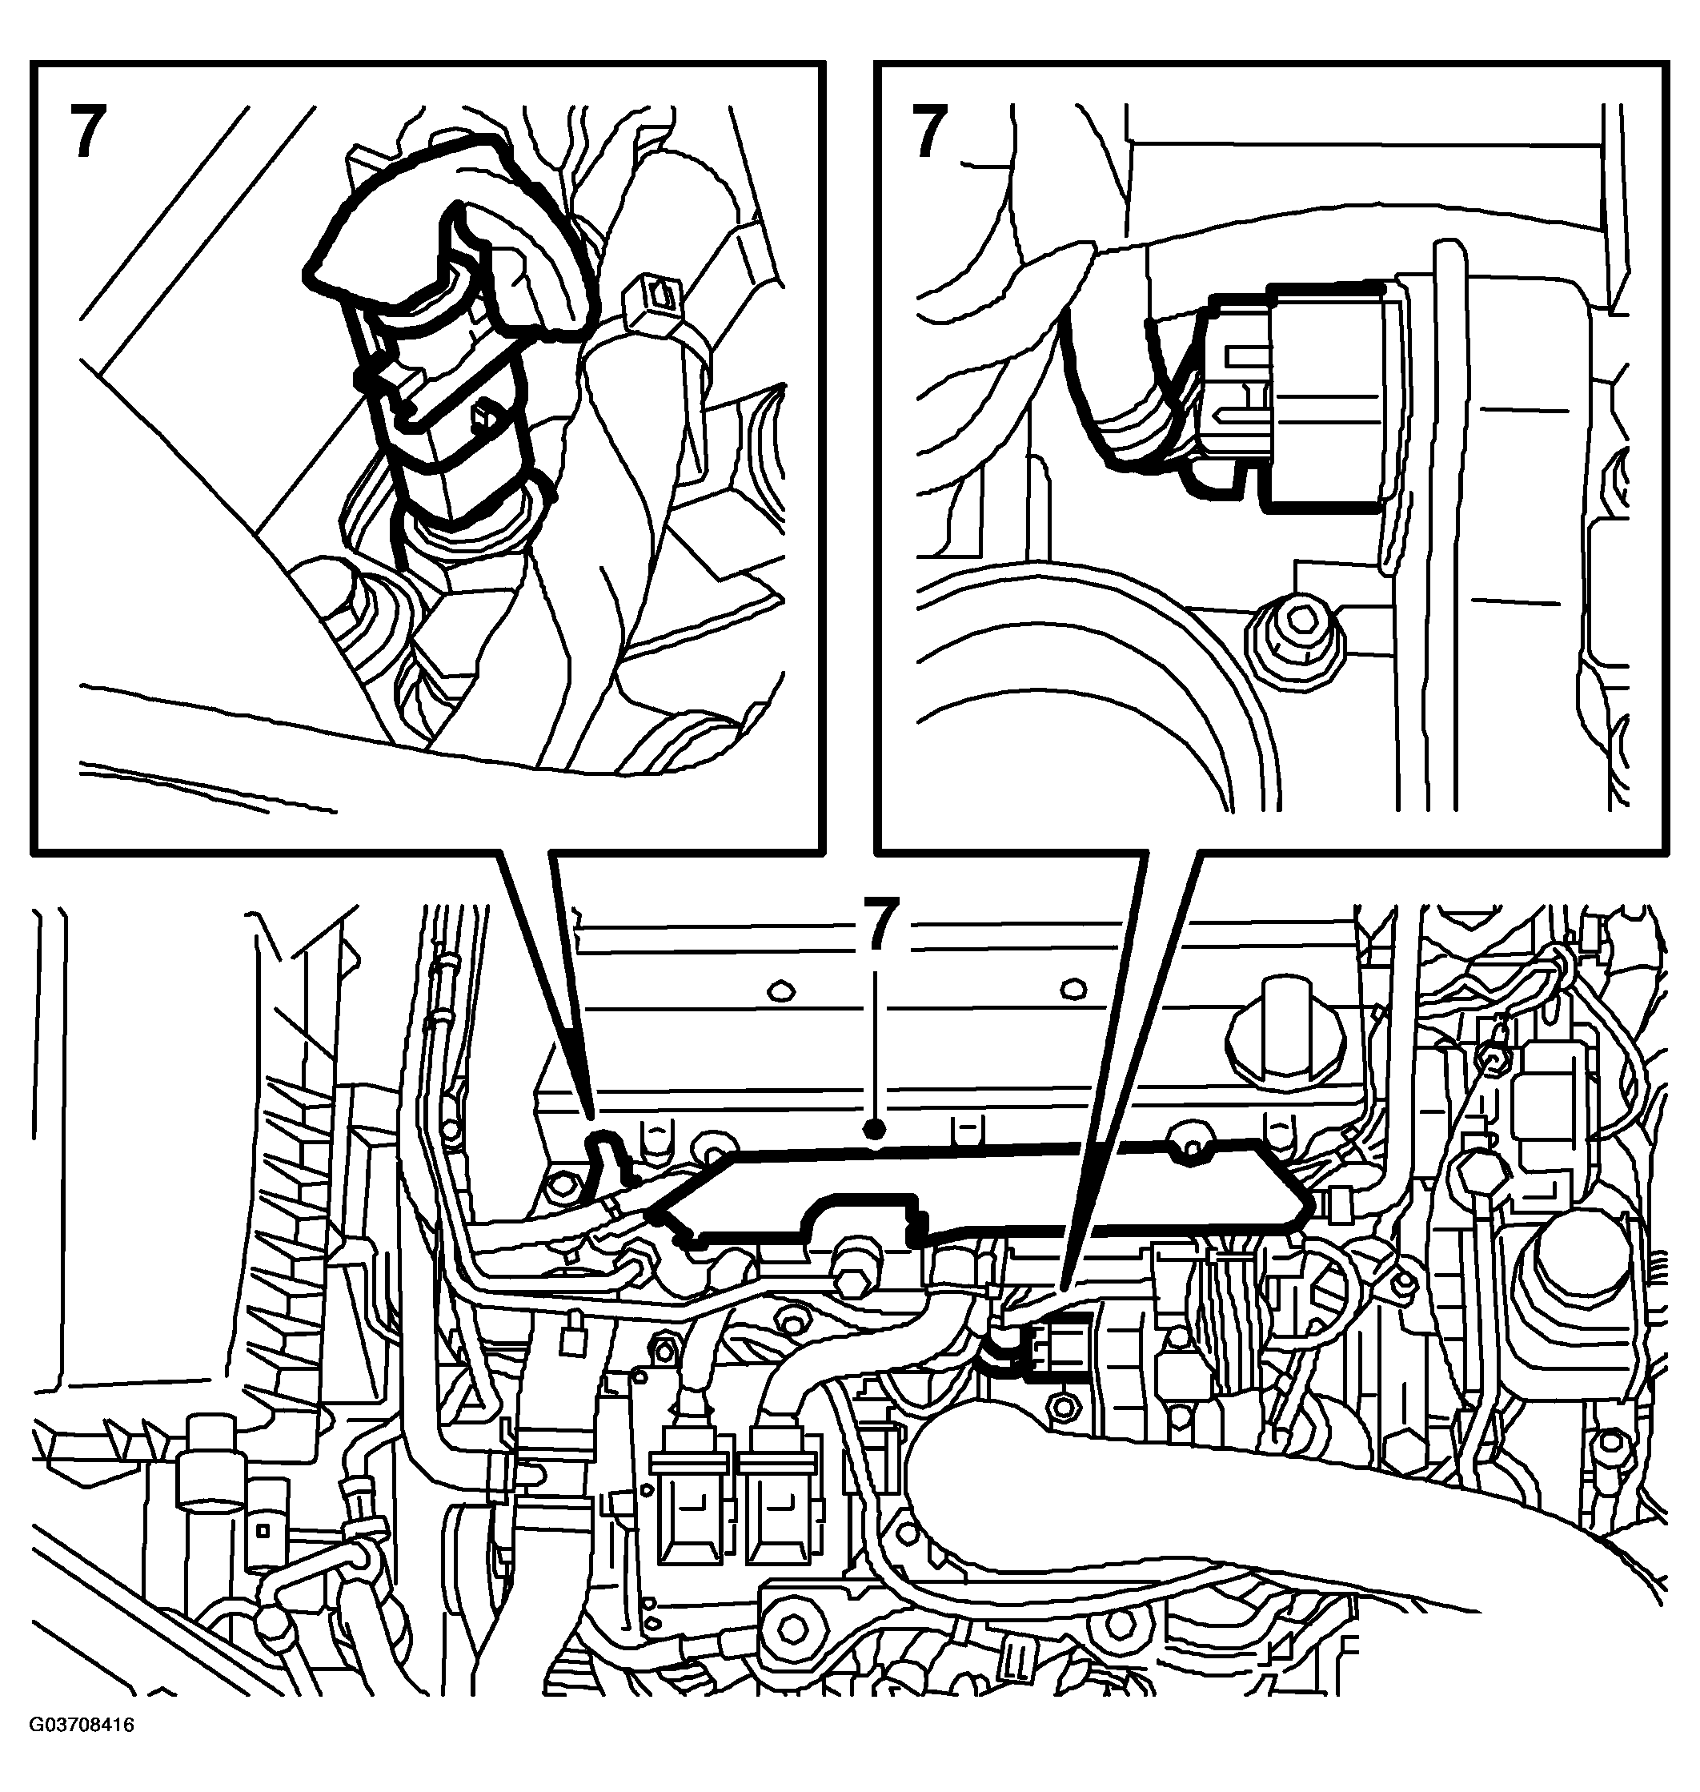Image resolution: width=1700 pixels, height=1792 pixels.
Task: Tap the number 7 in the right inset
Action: click(x=930, y=131)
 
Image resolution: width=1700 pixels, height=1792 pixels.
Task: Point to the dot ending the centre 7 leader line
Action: click(x=875, y=1128)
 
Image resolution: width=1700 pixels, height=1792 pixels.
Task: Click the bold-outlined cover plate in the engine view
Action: click(x=983, y=1192)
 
